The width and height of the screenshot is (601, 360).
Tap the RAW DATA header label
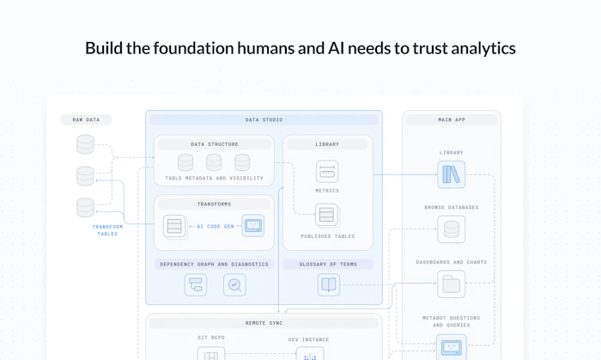pyautogui.click(x=86, y=119)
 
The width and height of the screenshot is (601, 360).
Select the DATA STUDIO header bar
pyautogui.click(x=264, y=119)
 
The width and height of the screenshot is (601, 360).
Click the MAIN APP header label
pyautogui.click(x=452, y=119)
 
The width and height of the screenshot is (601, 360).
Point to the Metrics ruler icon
pyautogui.click(x=327, y=171)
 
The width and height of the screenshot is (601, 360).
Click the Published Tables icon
pyautogui.click(x=327, y=215)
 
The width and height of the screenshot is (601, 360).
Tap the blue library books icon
pyautogui.click(x=451, y=174)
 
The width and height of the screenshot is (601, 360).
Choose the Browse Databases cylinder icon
pyautogui.click(x=451, y=229)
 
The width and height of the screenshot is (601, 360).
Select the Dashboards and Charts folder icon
pyautogui.click(x=451, y=284)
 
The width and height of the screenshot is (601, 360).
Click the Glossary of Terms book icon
pyautogui.click(x=329, y=285)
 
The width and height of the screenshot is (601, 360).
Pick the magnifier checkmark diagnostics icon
pyautogui.click(x=234, y=285)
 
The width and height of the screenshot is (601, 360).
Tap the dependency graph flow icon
pyautogui.click(x=196, y=285)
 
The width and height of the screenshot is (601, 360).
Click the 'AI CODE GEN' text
pyautogui.click(x=216, y=227)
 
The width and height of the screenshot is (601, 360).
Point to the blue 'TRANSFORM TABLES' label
pyautogui.click(x=107, y=230)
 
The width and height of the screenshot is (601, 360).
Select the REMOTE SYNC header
pyautogui.click(x=264, y=323)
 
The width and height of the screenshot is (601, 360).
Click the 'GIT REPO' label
pyautogui.click(x=211, y=338)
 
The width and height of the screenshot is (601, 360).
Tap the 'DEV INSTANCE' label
pyautogui.click(x=308, y=339)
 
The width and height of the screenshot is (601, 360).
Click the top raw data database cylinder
pyautogui.click(x=85, y=144)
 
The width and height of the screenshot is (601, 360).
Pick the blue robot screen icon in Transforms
pyautogui.click(x=253, y=225)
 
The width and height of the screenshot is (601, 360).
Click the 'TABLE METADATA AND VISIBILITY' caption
pyautogui.click(x=215, y=178)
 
